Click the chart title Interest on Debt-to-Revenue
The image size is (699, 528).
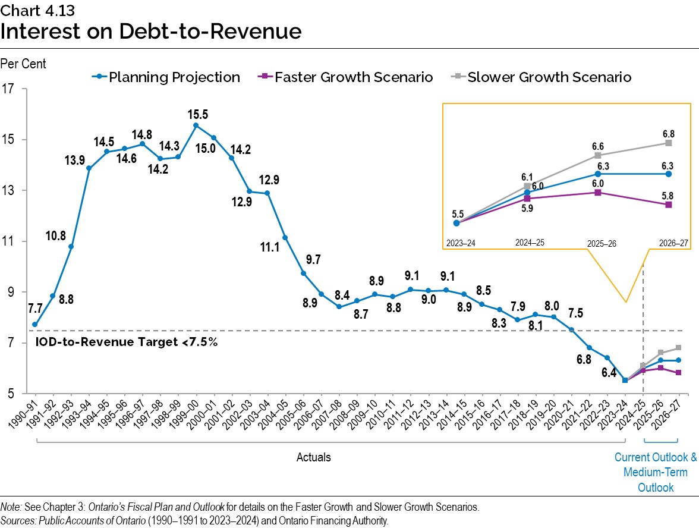coord(151,31)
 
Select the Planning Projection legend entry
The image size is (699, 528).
coord(166,77)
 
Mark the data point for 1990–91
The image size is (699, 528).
coord(35,325)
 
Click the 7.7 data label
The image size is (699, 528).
coord(35,309)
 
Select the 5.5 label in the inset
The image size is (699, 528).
coord(456,212)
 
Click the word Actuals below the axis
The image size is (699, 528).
coord(314,457)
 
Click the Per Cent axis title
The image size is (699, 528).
coord(23,64)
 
